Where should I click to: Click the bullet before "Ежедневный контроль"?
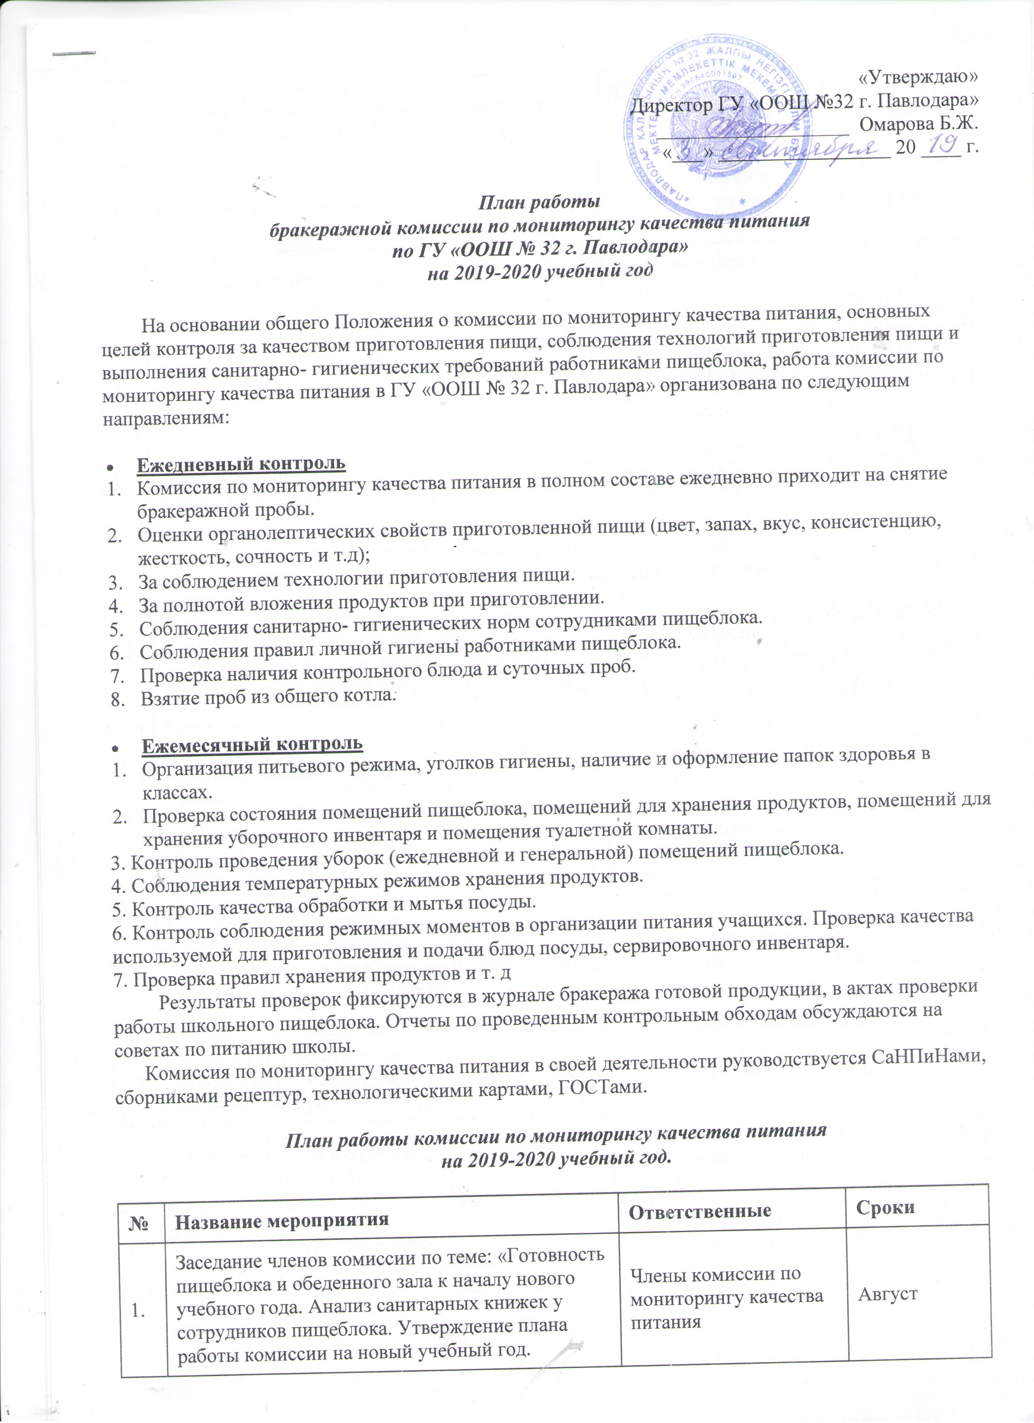coord(110,467)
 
